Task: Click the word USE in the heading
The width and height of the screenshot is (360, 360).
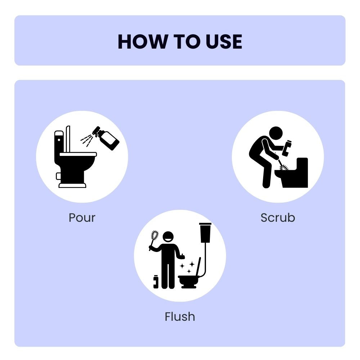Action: pos(224,42)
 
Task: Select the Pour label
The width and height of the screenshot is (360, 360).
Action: pos(82,218)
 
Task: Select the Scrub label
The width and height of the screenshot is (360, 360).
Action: pos(278,218)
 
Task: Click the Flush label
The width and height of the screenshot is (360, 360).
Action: pos(180,317)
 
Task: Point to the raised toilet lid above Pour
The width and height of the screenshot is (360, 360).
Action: pos(68,139)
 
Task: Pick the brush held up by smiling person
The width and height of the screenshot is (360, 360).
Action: pos(154,238)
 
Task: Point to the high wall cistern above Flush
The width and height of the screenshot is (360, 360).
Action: pos(205,232)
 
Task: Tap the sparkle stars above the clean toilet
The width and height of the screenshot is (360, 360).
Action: pos(188,267)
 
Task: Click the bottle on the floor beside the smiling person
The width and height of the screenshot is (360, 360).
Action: pos(156,282)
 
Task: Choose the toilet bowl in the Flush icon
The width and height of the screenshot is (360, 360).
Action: pos(188,280)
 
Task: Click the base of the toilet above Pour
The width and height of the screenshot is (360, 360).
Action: pos(72,185)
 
